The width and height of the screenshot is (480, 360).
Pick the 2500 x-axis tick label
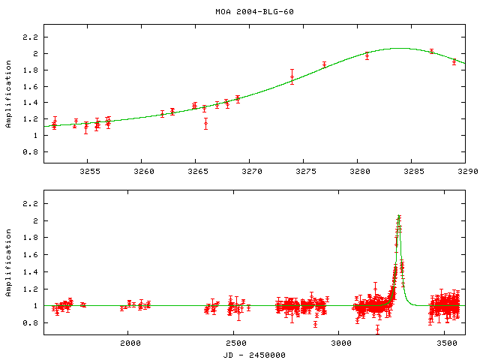pyautogui.click(x=235, y=343)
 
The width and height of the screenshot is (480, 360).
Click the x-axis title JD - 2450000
pyautogui.click(x=253, y=354)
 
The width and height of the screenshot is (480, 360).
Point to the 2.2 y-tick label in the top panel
pyautogui.click(x=31, y=37)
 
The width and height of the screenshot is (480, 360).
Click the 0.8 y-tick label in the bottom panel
pyautogui.click(x=31, y=323)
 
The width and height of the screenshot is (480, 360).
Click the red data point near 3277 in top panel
pyautogui.click(x=324, y=64)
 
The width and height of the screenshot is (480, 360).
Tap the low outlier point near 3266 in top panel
pyautogui.click(x=205, y=123)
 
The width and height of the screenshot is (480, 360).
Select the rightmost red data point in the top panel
pyautogui.click(x=454, y=61)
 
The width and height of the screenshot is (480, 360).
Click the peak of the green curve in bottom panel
pyautogui.click(x=399, y=217)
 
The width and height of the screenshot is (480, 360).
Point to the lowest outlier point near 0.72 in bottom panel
pyautogui.click(x=377, y=328)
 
